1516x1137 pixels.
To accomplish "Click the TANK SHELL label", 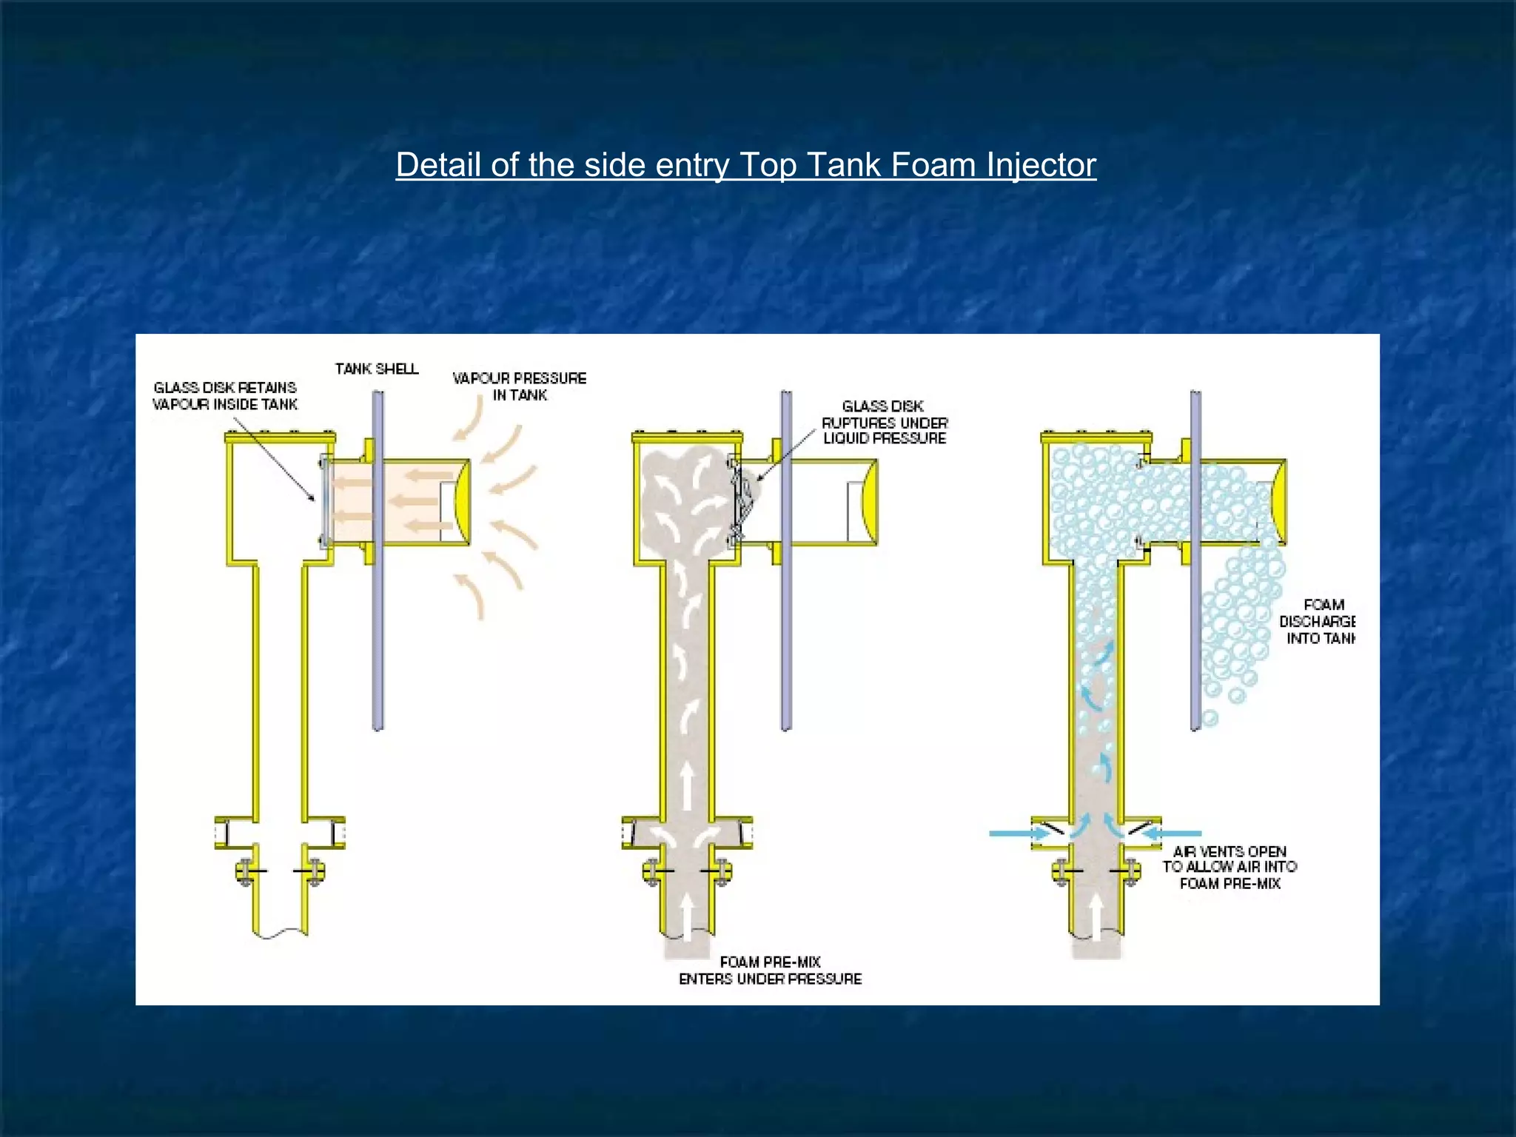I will (377, 369).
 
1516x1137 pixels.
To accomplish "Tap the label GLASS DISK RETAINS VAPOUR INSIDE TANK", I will (225, 396).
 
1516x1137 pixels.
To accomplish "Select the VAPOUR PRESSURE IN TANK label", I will (520, 386).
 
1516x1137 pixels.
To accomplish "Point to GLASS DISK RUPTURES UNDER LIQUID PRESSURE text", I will (885, 422).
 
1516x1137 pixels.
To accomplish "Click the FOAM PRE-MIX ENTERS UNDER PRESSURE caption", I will (770, 970).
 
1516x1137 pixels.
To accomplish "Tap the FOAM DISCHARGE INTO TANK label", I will (1318, 622).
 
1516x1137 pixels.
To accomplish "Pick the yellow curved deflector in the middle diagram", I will (870, 501).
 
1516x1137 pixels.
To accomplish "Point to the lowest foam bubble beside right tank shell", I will (1210, 717).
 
